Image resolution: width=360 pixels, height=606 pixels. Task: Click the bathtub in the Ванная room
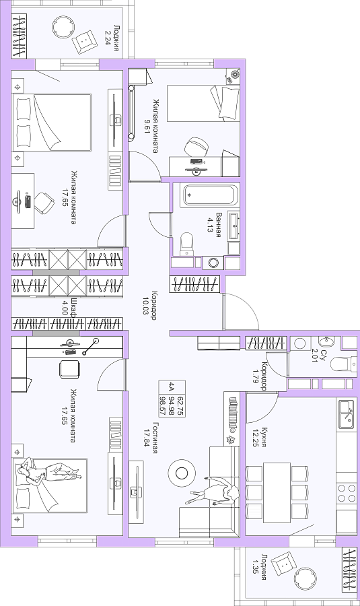(x=210, y=195)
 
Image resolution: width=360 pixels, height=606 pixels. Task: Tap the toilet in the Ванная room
(x=186, y=244)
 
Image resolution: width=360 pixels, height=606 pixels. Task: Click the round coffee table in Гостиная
(x=182, y=473)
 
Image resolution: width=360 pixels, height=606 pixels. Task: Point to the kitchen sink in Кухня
(x=346, y=415)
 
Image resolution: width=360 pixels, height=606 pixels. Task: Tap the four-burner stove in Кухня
(x=347, y=493)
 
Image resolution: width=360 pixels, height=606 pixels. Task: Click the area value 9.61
(x=147, y=126)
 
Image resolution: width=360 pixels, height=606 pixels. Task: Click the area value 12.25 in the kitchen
(x=255, y=437)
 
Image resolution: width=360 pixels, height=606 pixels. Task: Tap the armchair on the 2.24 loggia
(x=85, y=42)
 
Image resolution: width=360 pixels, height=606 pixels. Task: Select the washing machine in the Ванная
(x=213, y=263)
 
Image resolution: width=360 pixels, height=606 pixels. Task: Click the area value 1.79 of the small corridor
(x=255, y=375)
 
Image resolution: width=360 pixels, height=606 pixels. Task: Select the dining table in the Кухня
(x=277, y=492)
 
